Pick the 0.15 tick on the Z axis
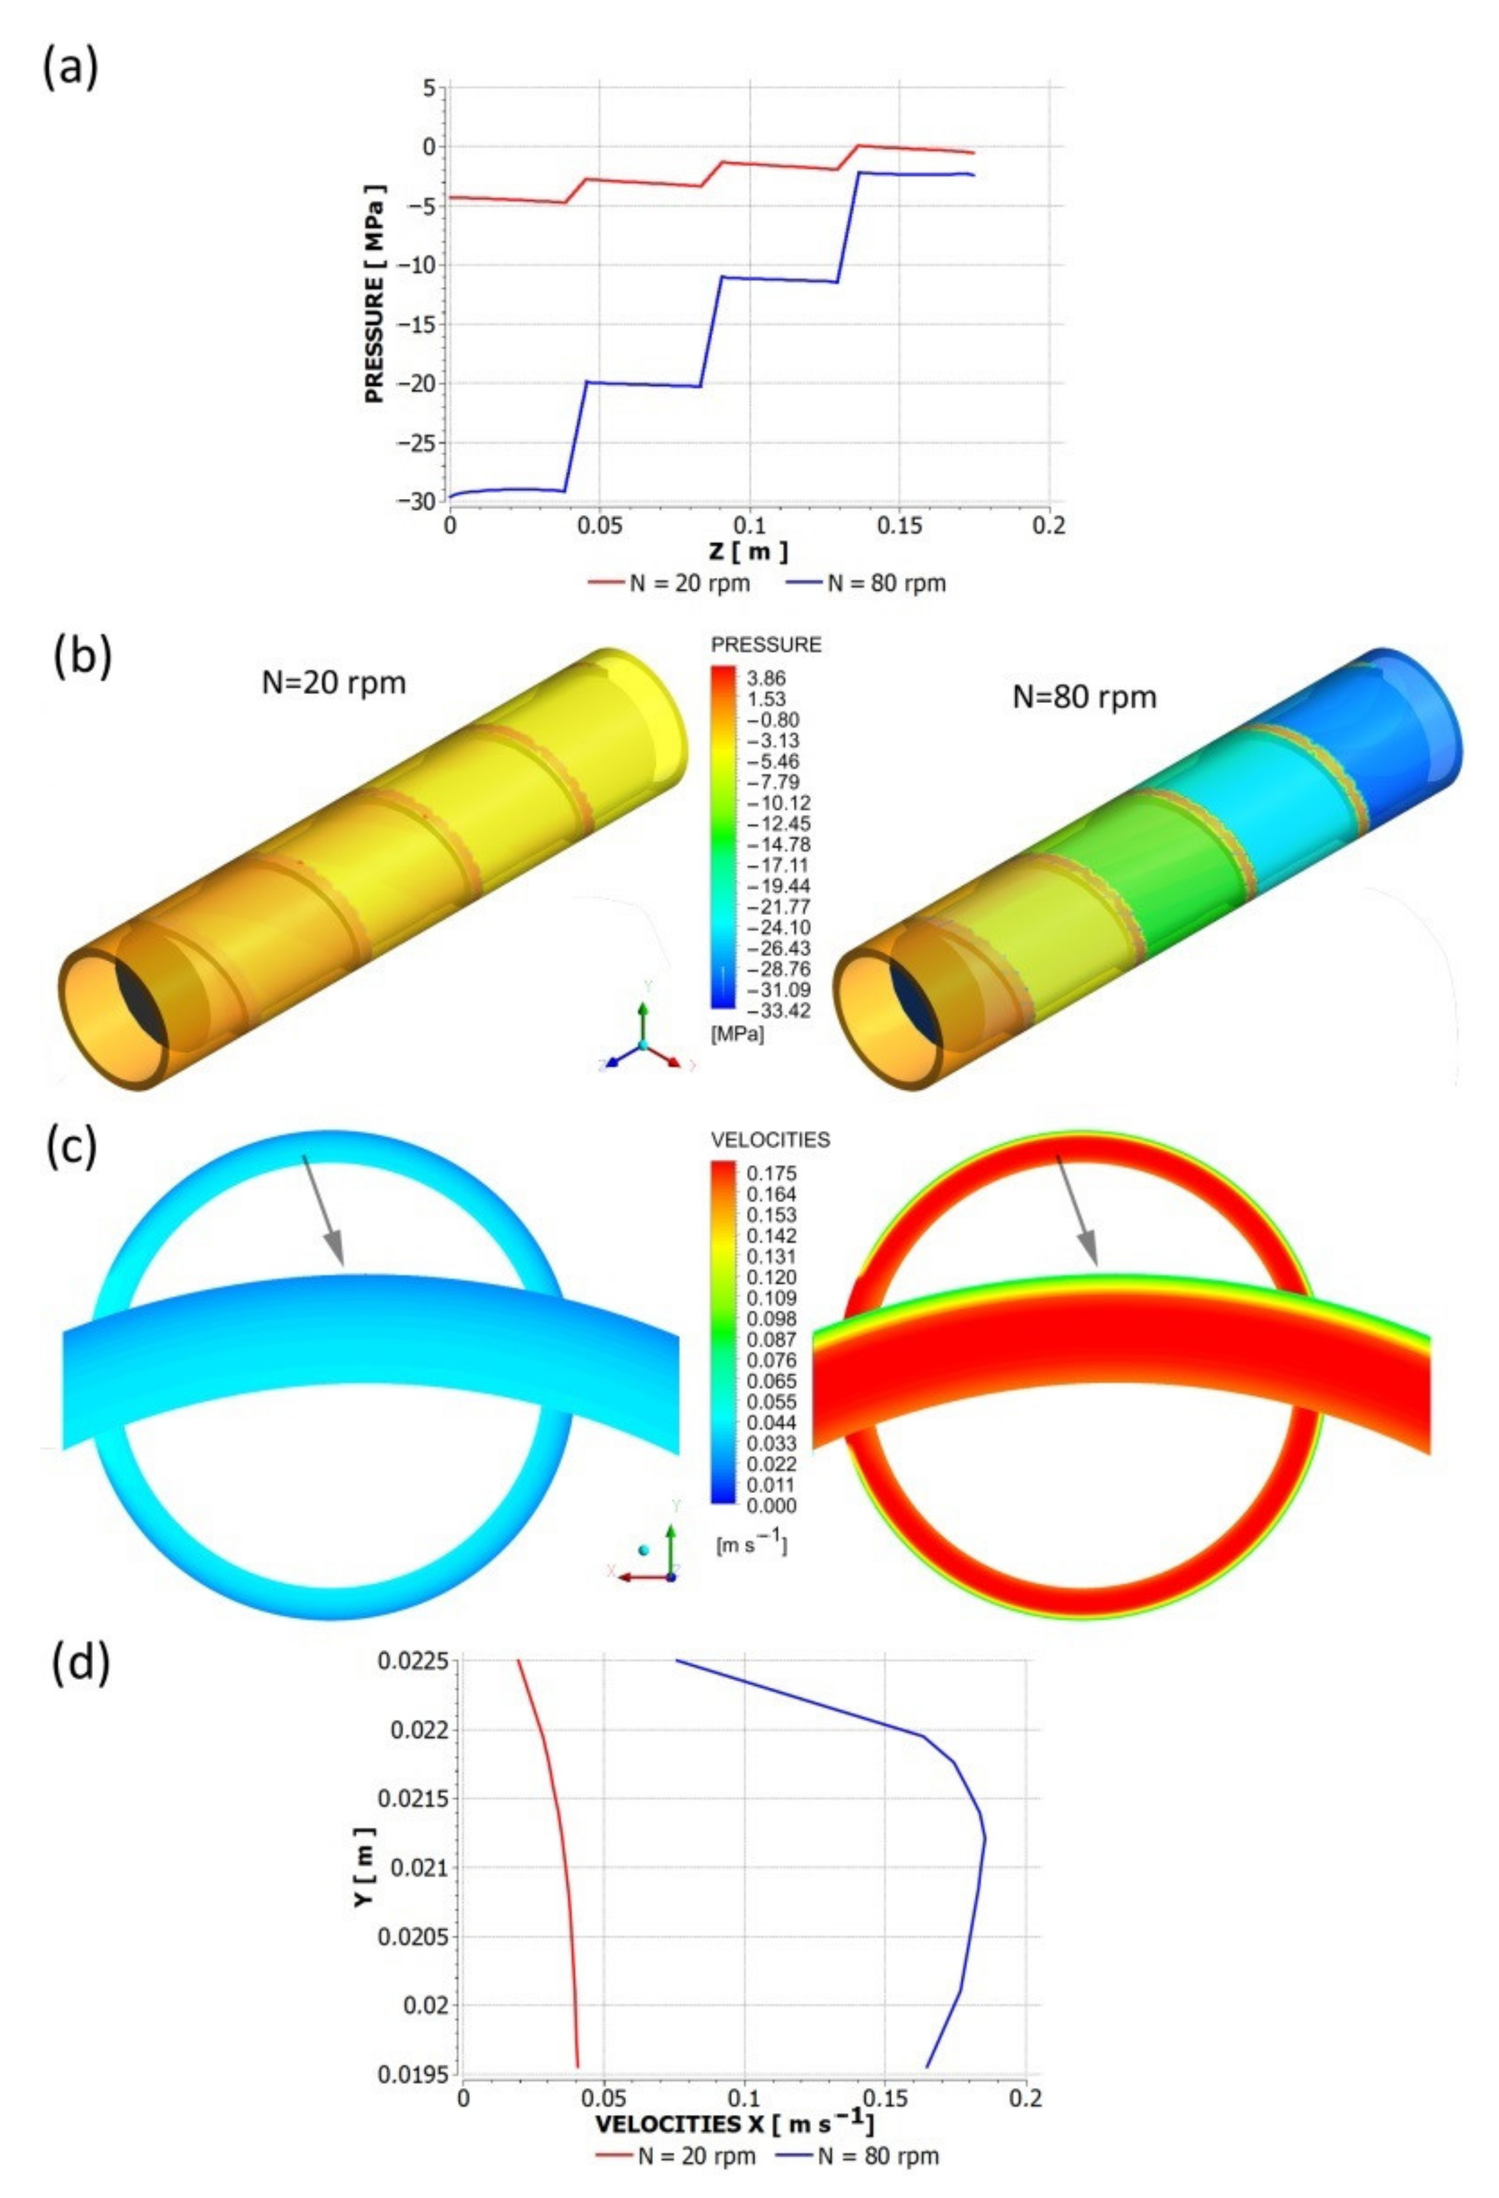(899, 524)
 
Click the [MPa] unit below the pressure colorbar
(737, 1035)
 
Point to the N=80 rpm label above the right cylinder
(1084, 697)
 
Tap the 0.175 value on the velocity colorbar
(771, 1173)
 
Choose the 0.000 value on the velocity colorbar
(771, 1505)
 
